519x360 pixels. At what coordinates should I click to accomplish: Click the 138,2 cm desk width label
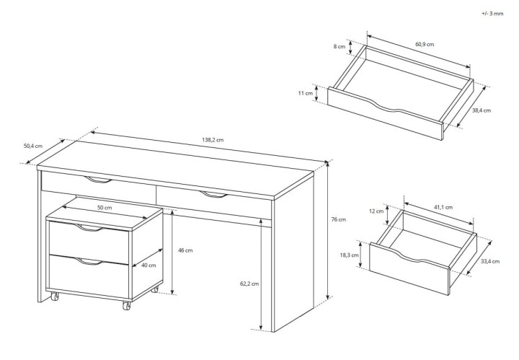pos(213,140)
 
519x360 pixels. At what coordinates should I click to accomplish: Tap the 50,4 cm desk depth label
pos(33,146)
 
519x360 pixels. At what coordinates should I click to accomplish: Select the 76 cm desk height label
pos(338,219)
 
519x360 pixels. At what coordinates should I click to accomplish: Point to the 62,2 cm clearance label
pos(249,284)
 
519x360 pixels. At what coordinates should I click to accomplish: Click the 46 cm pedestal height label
pos(185,250)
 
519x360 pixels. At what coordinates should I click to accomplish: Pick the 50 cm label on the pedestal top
pos(105,208)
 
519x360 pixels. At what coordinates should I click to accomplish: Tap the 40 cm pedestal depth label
pos(148,265)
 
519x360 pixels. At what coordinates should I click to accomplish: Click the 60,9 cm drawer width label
pos(425,45)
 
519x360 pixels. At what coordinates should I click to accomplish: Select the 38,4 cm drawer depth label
pos(482,110)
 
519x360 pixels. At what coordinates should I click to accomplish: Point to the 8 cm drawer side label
pos(340,47)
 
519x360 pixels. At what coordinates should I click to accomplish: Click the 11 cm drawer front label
pos(305,93)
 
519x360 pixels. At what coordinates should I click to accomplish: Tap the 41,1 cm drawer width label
pos(443,207)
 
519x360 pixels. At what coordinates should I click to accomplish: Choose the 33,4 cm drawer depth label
pos(490,261)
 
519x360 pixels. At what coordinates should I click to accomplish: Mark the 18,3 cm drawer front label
pos(349,255)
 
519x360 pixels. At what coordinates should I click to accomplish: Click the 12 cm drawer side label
pos(376,211)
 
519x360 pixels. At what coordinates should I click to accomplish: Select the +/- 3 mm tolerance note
pos(492,14)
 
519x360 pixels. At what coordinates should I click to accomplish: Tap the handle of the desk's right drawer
pos(215,195)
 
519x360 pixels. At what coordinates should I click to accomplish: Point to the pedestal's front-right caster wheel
pos(126,306)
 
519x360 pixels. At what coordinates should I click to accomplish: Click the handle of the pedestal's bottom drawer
pos(89,262)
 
